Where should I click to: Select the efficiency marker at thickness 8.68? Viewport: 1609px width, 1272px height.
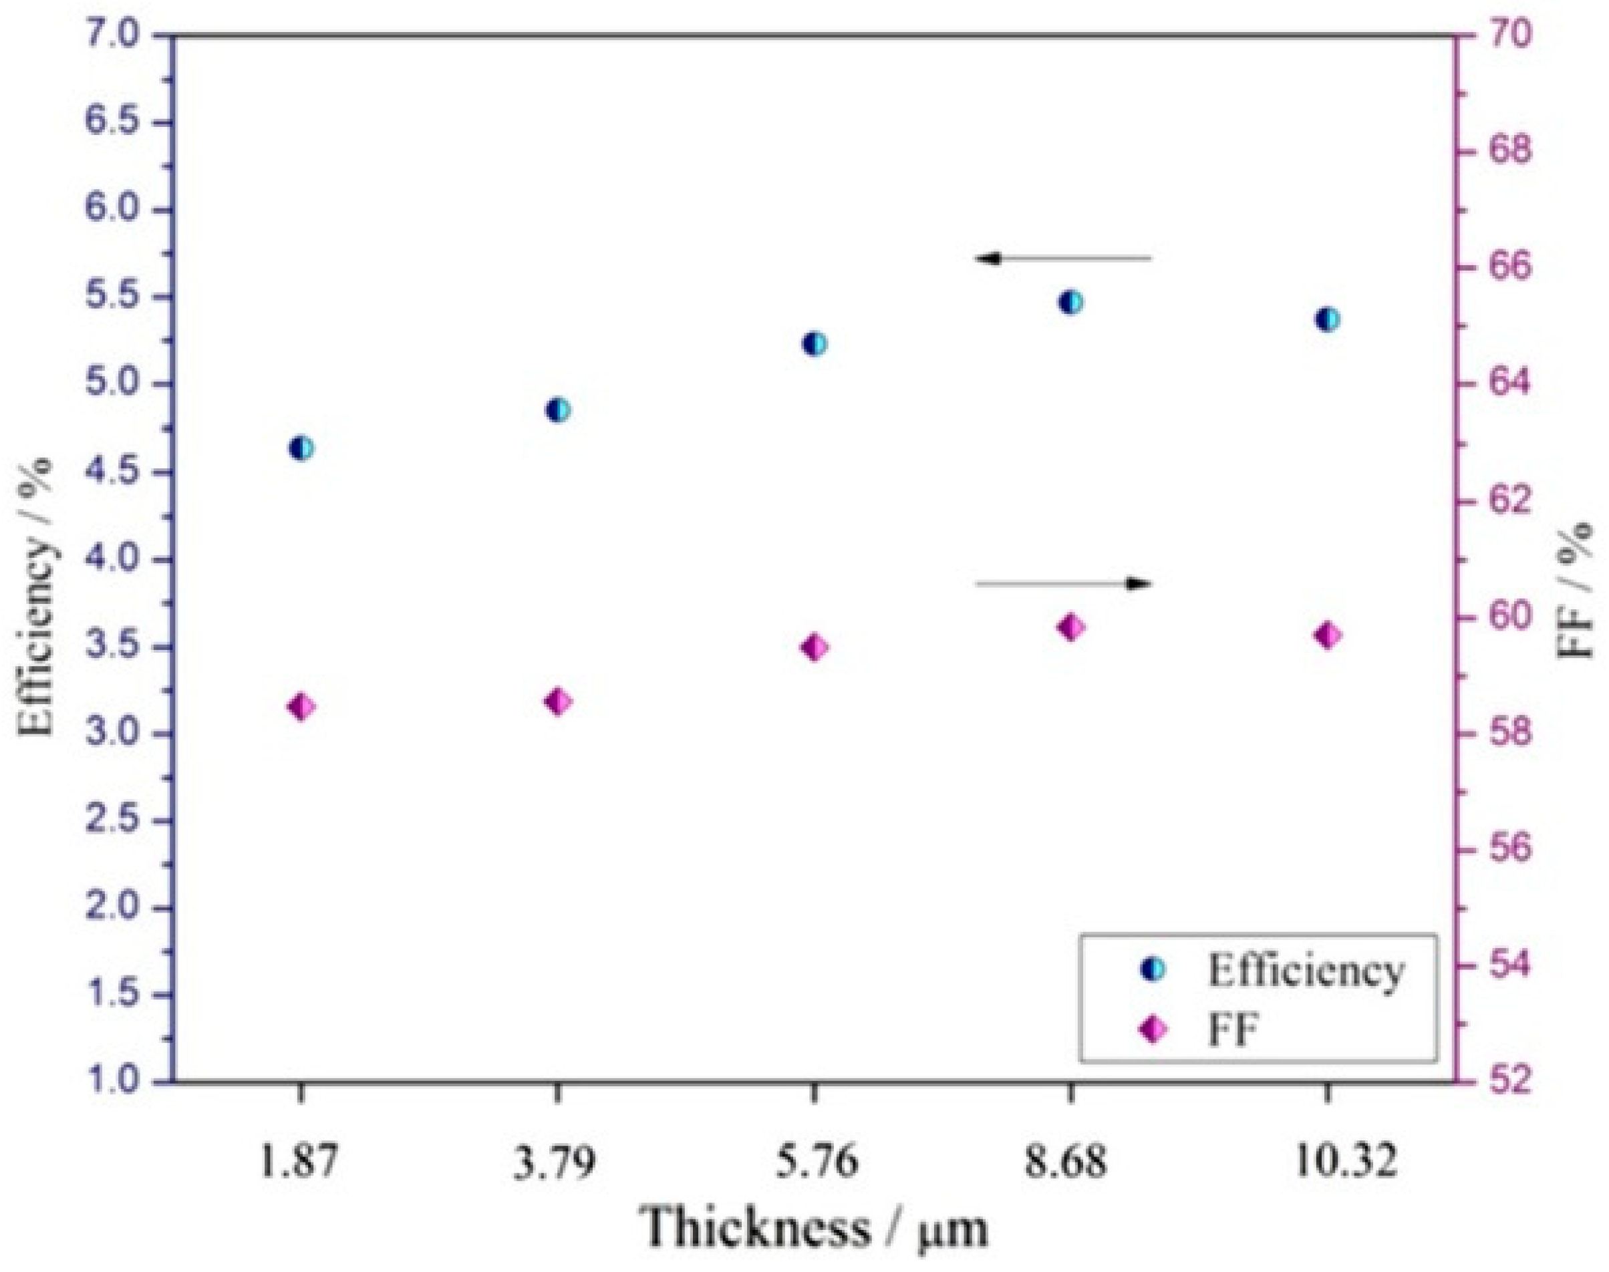click(1070, 303)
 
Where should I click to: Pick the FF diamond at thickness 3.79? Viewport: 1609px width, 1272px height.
click(558, 701)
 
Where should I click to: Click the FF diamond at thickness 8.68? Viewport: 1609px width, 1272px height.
click(1070, 628)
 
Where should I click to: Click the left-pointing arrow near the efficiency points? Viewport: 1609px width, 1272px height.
click(1063, 259)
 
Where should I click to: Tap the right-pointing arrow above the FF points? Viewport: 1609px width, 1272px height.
click(1064, 583)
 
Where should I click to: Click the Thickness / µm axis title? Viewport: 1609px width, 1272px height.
click(816, 1229)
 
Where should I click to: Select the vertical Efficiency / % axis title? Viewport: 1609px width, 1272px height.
click(36, 596)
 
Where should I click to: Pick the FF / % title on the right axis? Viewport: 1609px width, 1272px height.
click(1575, 589)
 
